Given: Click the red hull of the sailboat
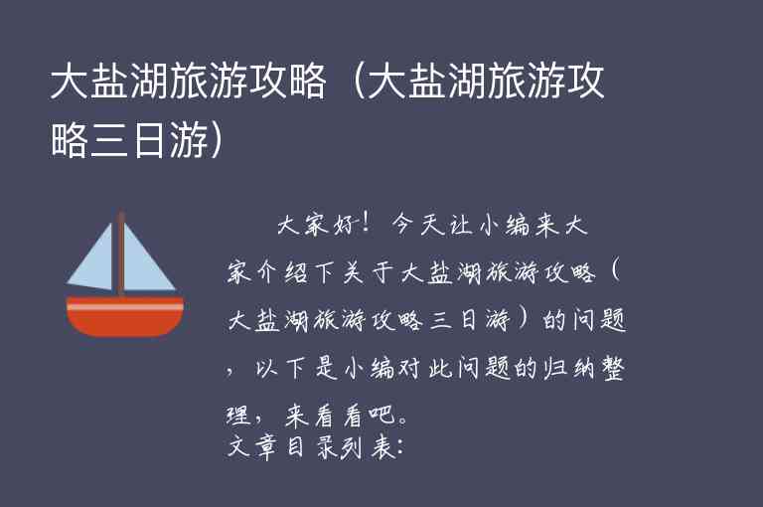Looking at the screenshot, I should click(125, 323).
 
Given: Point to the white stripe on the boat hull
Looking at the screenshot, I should click(125, 307).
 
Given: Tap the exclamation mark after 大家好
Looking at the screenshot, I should click(369, 225).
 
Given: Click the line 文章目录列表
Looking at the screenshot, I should click(308, 448).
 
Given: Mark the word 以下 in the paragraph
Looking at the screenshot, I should click(273, 370).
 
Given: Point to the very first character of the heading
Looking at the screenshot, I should click(68, 84).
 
